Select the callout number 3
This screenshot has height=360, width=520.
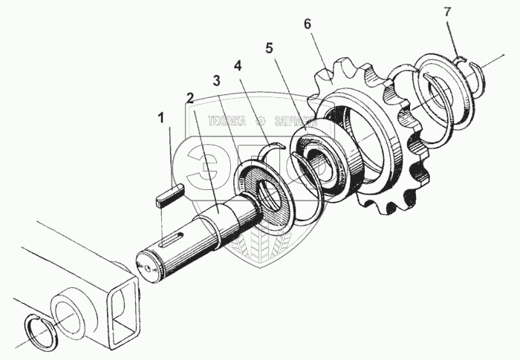(216, 81)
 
